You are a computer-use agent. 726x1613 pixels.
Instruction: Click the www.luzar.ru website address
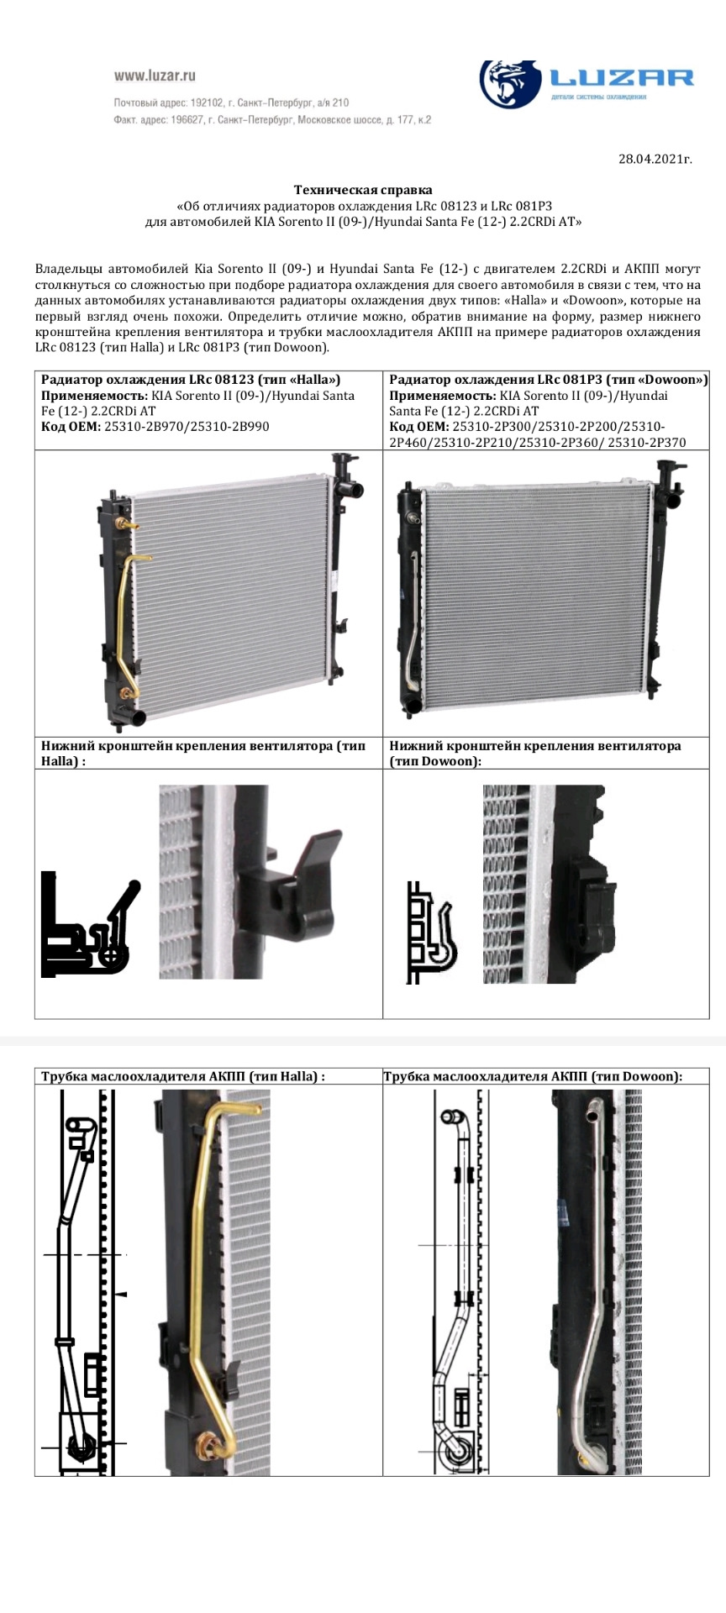[x=155, y=76]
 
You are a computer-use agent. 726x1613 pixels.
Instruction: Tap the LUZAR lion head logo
[x=510, y=84]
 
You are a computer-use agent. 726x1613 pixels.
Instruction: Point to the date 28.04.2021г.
[x=655, y=159]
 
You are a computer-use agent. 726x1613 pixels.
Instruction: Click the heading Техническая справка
[x=363, y=191]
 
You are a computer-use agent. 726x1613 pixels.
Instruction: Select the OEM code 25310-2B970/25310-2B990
[x=187, y=426]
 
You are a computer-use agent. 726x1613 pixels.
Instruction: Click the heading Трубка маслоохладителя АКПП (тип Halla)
[x=183, y=1076]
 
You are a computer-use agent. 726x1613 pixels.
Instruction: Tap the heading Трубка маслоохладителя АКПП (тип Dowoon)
[x=533, y=1076]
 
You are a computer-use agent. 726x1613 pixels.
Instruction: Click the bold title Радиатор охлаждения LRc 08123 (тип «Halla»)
[x=191, y=380]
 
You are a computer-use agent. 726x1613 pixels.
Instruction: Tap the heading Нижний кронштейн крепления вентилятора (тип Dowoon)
[x=535, y=753]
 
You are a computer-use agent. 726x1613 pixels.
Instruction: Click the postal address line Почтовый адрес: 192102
[x=231, y=102]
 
